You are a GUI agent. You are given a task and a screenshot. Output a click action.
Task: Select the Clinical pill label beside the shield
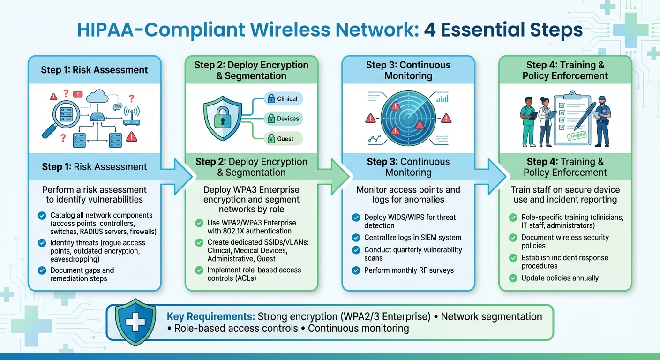pos(283,98)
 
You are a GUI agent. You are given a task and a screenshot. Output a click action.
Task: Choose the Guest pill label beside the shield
pos(283,138)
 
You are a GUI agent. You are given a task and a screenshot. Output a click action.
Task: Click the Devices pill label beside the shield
pos(283,119)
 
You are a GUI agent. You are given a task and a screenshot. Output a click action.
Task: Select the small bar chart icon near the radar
pos(442,98)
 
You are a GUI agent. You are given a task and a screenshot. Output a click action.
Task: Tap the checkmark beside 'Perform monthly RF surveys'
pos(356,270)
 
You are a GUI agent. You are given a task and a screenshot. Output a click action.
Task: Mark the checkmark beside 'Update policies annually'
pos(513,278)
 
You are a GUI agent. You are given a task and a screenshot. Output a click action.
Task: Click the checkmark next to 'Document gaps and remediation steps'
pos(42,271)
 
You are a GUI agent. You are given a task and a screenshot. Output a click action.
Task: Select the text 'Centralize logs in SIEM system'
pos(413,238)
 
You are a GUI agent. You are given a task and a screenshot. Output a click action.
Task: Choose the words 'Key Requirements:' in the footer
pos(210,317)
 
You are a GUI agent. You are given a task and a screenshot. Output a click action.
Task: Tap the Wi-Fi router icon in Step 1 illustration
pos(132,118)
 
